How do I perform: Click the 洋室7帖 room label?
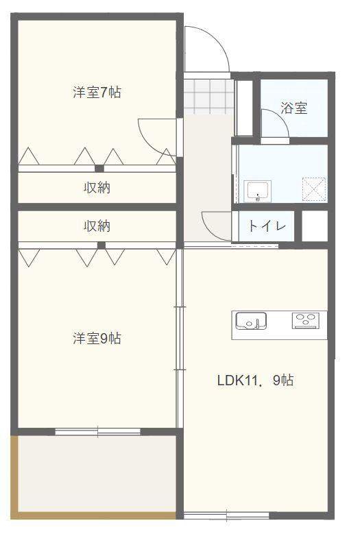coord(97,93)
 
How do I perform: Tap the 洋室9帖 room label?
coord(97,338)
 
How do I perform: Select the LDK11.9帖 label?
coord(255,380)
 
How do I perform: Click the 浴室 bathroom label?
coord(293,108)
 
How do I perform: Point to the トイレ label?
coord(267,226)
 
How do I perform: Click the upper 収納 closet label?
coord(97,187)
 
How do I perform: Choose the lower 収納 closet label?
coord(97,226)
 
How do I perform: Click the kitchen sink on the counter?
coord(251,320)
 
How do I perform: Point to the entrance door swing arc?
coord(208,48)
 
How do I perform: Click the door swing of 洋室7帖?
coord(156,134)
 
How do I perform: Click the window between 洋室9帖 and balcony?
coord(97,431)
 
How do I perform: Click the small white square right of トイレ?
coord(315,226)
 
